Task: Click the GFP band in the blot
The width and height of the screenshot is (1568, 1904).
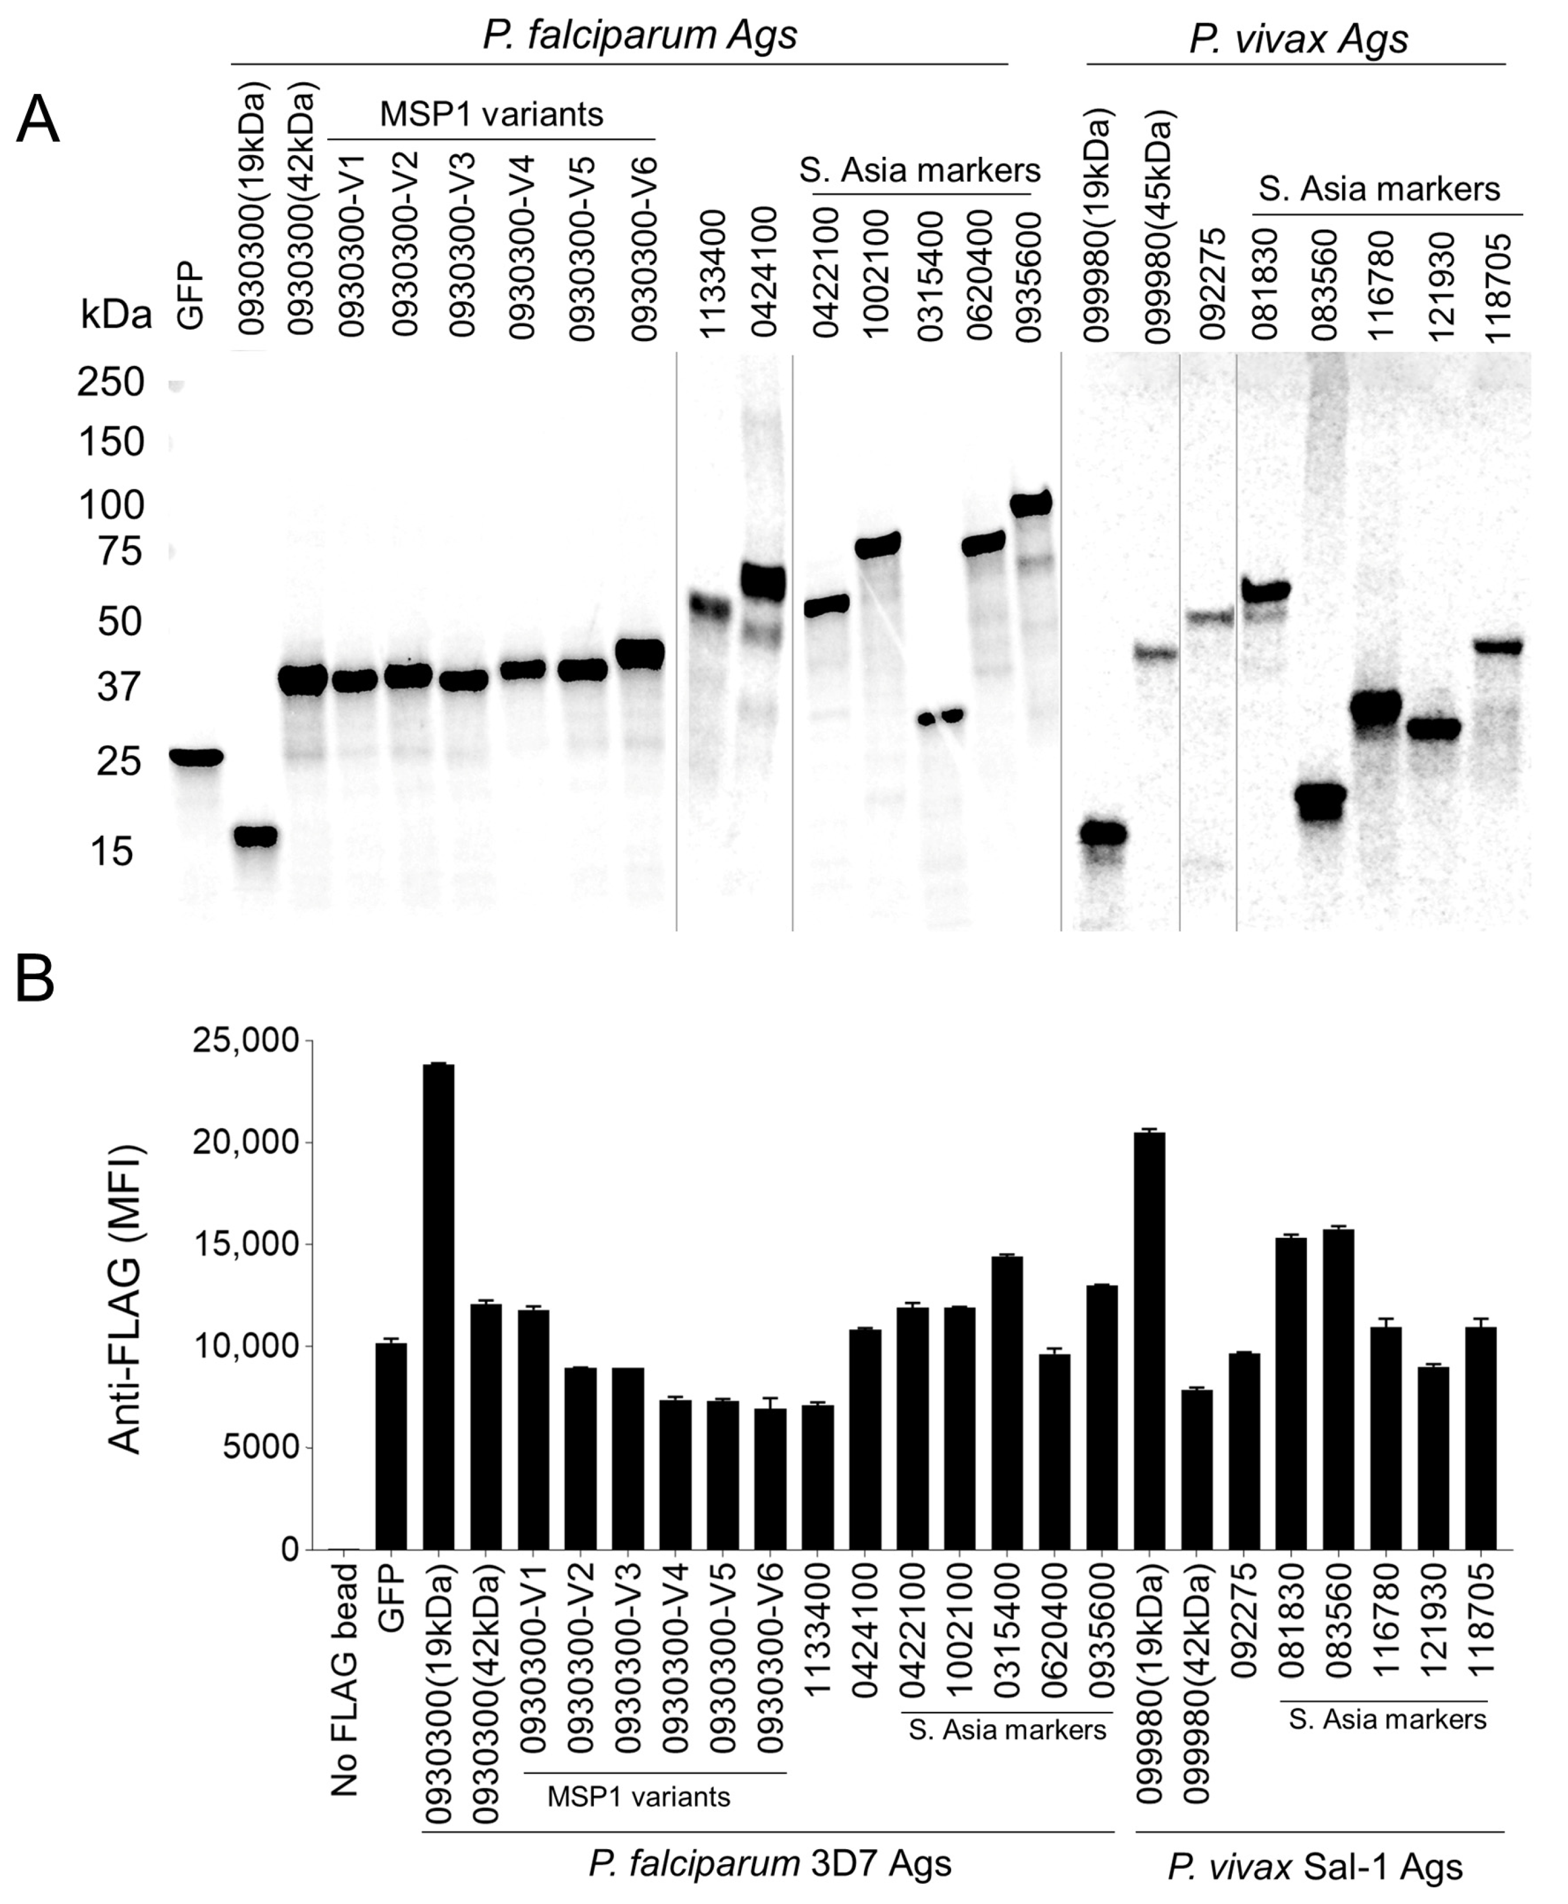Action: coord(197,757)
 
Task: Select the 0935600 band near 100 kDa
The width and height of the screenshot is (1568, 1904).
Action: coord(1031,503)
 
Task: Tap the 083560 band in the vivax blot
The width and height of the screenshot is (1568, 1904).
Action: coord(1320,798)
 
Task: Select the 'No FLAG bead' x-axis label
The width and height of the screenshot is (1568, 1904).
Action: coord(344,1679)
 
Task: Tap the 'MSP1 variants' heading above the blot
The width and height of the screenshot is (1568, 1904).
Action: coord(491,115)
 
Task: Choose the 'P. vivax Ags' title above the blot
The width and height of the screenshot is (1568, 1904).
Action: coord(1298,39)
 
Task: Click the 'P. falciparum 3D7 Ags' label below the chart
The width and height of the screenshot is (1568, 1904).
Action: coord(770,1863)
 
